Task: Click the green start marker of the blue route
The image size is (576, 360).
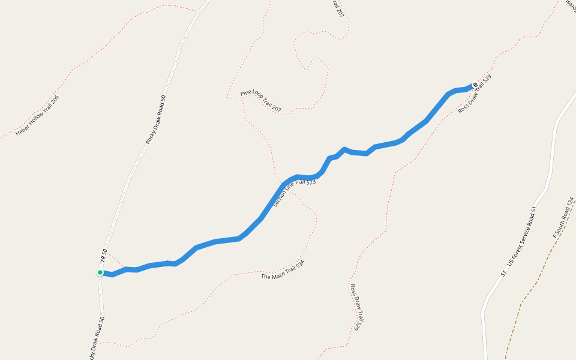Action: coord(100,272)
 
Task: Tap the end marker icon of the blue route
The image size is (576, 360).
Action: coord(475,85)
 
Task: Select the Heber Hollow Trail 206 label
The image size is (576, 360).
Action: coord(37,115)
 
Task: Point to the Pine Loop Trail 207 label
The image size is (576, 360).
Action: coord(261,101)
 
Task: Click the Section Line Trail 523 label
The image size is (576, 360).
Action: coord(294,193)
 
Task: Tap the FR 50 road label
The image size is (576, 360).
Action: coord(104,256)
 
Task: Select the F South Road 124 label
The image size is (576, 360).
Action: coord(563,217)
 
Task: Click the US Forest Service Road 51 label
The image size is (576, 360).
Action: coord(518,241)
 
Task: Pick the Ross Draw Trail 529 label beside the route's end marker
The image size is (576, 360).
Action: coord(475,94)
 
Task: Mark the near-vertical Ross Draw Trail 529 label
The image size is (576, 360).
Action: coord(356,307)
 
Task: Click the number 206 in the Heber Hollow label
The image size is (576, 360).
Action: coord(55,100)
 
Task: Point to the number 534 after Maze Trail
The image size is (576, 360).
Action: coord(299,264)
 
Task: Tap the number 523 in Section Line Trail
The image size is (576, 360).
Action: coord(310,182)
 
